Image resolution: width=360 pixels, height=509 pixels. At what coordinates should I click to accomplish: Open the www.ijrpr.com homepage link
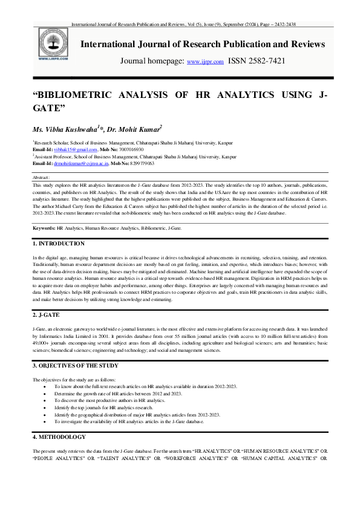pyautogui.click(x=205, y=62)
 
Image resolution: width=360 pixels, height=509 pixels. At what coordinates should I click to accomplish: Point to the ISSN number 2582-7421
pyautogui.click(x=265, y=61)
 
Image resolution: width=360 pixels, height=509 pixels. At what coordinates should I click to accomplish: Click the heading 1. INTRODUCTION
pyautogui.click(x=58, y=243)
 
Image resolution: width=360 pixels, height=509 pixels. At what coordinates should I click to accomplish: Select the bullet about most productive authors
pyautogui.click(x=110, y=400)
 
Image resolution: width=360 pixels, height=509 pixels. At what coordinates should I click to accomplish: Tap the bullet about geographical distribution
pyautogui.click(x=137, y=415)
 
